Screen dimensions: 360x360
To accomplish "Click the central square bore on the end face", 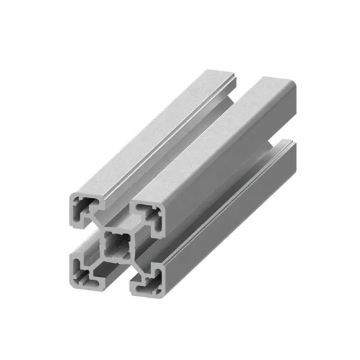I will tap(118, 245).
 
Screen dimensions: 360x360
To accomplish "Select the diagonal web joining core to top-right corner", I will tap(135, 230).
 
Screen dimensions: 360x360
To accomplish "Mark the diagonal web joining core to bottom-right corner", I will tap(134, 265).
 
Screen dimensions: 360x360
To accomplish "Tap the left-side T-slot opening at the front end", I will tap(81, 238).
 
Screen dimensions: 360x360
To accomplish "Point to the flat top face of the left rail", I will tap(151, 131).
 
